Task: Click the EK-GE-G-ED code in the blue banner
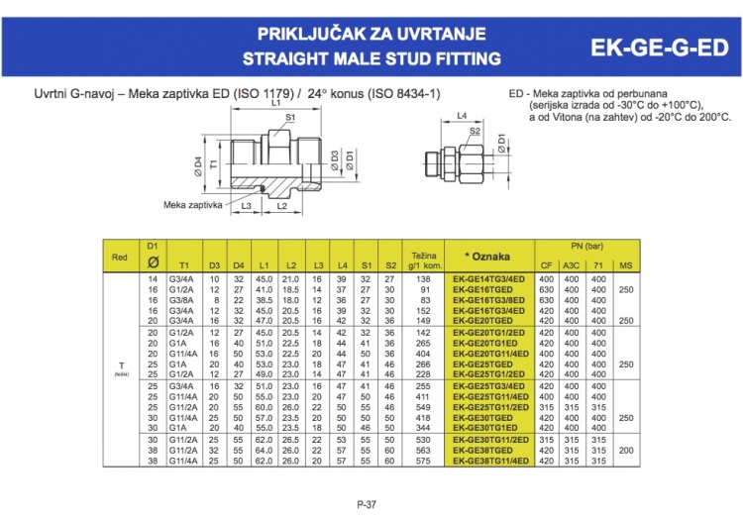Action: coord(658,48)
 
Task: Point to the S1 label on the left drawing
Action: coord(290,117)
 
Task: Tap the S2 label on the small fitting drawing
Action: coord(476,130)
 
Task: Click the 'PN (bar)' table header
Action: coord(587,244)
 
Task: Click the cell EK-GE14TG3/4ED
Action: coord(489,280)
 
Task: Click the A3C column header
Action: coord(572,265)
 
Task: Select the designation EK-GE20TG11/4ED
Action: coord(489,353)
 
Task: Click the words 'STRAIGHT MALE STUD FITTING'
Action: coord(371,59)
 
